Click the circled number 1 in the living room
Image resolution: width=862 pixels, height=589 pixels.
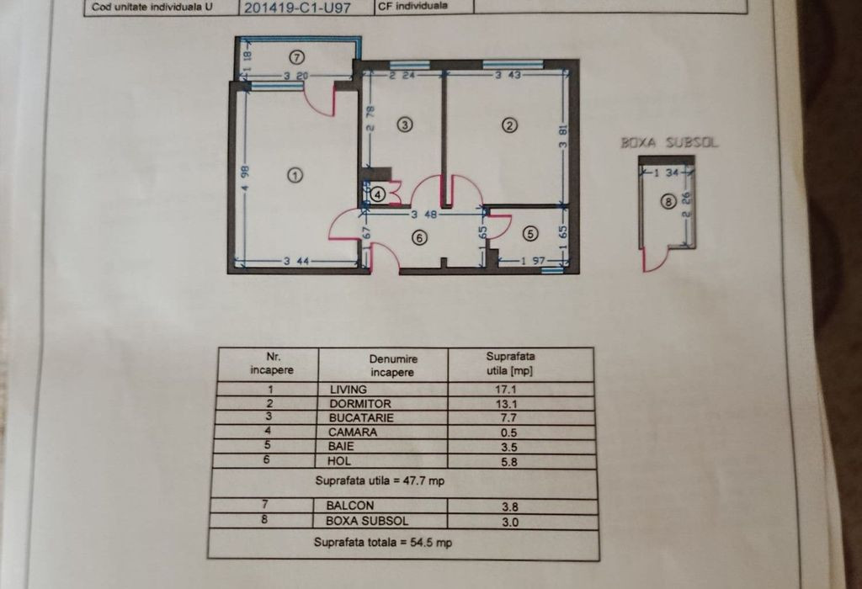point(295,176)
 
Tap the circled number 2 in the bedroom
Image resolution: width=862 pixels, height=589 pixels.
point(509,126)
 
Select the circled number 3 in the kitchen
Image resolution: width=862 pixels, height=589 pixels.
point(405,125)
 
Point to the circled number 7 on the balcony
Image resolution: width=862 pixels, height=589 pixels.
point(297,57)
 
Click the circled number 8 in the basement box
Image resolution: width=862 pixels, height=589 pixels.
point(668,202)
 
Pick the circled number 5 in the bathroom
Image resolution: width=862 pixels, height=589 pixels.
point(530,234)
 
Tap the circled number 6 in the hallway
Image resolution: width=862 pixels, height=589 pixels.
point(419,238)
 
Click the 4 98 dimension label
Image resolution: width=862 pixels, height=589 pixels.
point(245,178)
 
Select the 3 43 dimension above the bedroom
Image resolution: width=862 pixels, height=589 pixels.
point(508,75)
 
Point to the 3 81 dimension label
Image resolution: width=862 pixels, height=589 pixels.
point(563,137)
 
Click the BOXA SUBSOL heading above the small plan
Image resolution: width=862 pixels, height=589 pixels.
point(669,143)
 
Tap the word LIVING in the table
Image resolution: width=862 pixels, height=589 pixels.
point(348,390)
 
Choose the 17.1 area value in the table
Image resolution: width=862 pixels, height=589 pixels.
point(506,390)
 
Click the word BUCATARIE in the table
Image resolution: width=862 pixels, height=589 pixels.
point(361,417)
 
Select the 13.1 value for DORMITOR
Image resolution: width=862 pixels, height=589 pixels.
point(506,404)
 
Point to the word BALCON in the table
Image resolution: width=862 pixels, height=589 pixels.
point(349,506)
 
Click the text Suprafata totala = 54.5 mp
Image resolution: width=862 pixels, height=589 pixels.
point(383,543)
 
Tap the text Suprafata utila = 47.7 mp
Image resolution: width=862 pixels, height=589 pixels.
point(380,481)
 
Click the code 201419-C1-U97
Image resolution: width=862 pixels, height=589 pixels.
point(297,8)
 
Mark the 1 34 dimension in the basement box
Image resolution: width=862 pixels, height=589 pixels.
point(672,172)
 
